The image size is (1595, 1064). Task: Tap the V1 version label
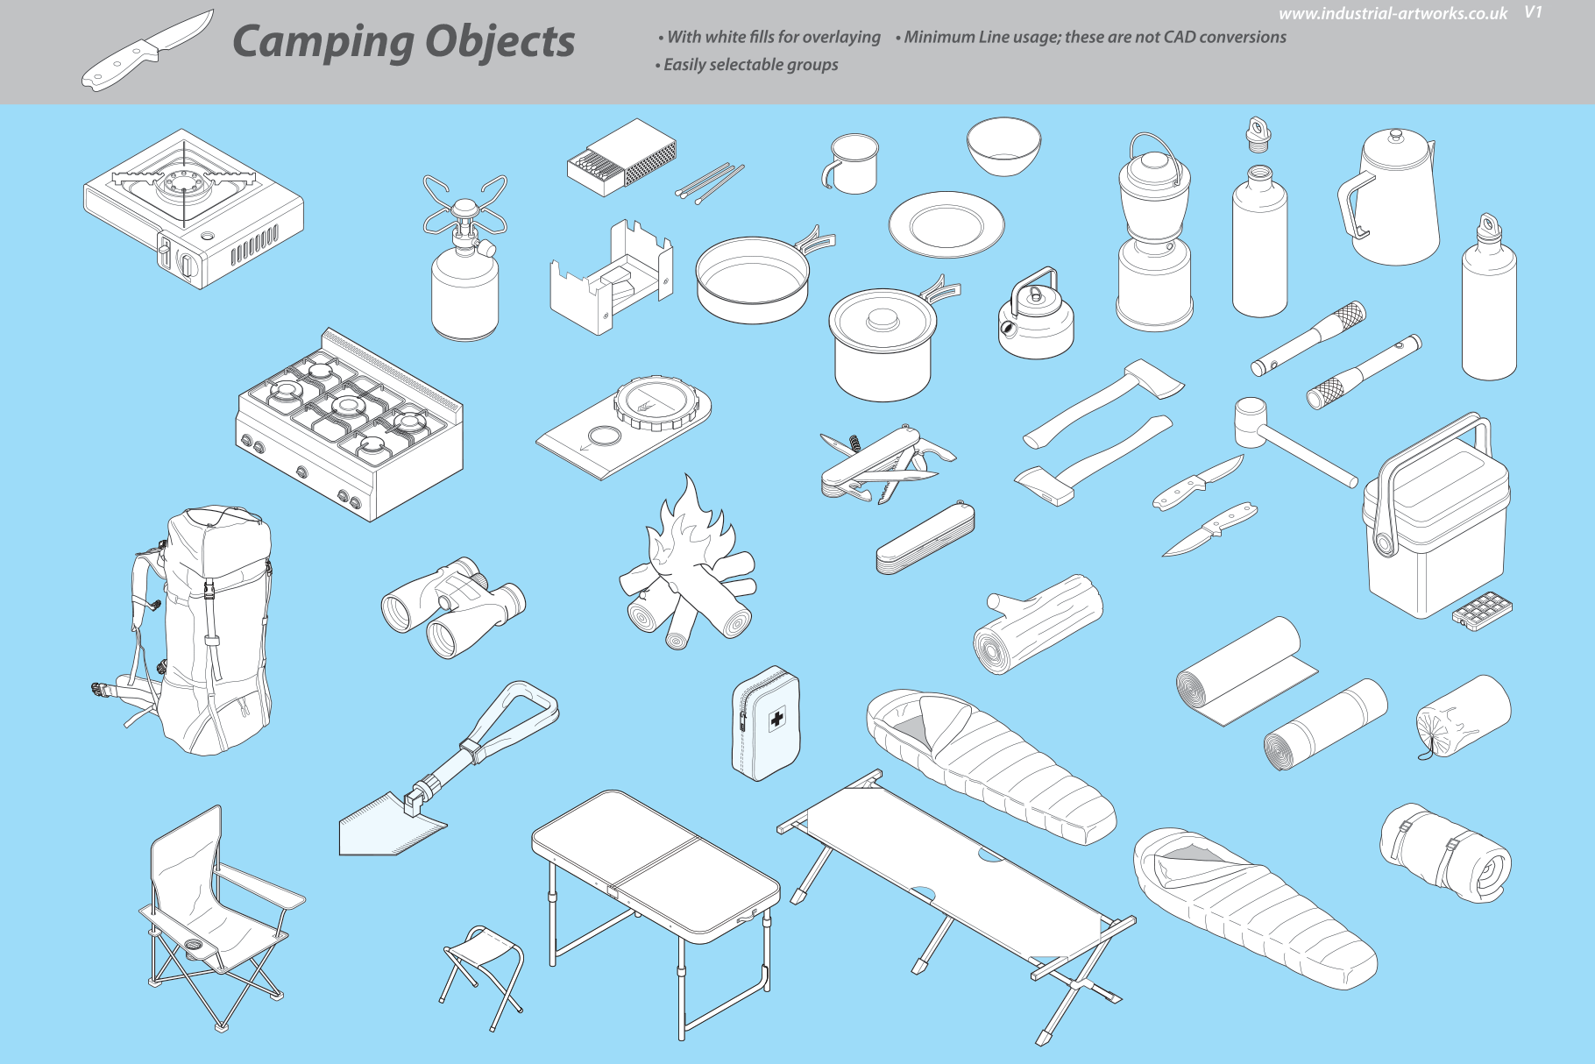pyautogui.click(x=1533, y=12)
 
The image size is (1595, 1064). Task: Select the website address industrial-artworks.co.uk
pyautogui.click(x=1393, y=13)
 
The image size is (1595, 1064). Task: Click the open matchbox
pyautogui.click(x=621, y=158)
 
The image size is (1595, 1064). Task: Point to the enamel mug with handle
pyautogui.click(x=850, y=163)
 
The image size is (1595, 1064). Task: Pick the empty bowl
pyautogui.click(x=1004, y=146)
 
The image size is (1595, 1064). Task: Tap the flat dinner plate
pyautogui.click(x=946, y=224)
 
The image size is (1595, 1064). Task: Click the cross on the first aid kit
pyautogui.click(x=776, y=720)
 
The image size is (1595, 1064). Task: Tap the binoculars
pyautogui.click(x=453, y=606)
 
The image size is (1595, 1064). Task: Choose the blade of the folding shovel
pyautogui.click(x=389, y=824)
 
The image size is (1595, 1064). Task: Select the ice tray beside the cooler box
pyautogui.click(x=1483, y=611)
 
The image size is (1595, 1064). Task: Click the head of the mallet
pyautogui.click(x=1251, y=422)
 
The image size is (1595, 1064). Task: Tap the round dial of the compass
pyautogui.click(x=659, y=402)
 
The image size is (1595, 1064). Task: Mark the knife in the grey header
pyautogui.click(x=148, y=50)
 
